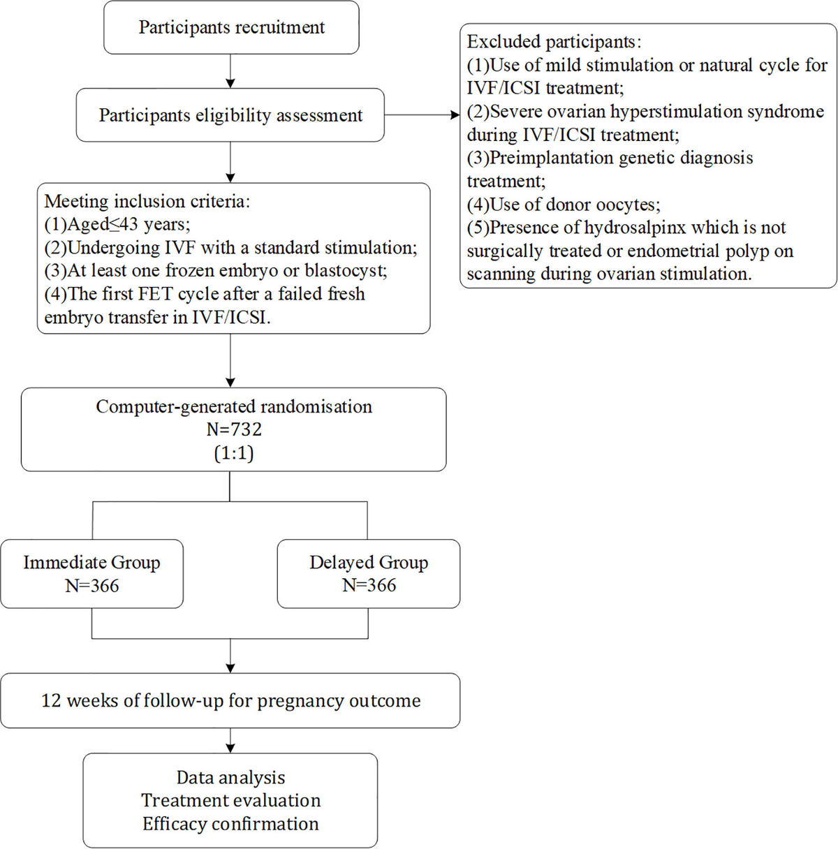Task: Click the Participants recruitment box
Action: click(x=231, y=28)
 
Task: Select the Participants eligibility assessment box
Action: click(x=230, y=115)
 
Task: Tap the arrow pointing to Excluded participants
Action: click(x=422, y=115)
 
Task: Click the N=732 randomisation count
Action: click(x=234, y=430)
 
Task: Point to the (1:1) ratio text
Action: click(x=234, y=453)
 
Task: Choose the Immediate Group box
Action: click(x=91, y=573)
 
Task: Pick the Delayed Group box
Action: click(x=369, y=573)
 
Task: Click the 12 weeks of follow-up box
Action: click(x=230, y=700)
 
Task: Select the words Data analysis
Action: click(x=230, y=777)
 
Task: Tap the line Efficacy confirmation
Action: click(x=230, y=824)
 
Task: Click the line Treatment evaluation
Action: click(x=230, y=800)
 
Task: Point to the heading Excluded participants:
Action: click(x=554, y=42)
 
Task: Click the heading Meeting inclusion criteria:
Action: click(x=147, y=202)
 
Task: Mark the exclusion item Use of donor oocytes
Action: click(x=564, y=205)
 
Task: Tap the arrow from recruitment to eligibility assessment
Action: click(x=230, y=71)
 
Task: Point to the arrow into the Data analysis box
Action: click(x=230, y=741)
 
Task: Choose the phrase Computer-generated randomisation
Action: click(x=234, y=407)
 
